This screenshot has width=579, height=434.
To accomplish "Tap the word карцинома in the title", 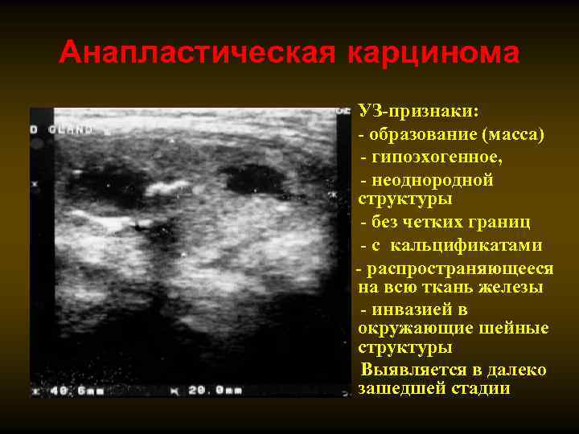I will point(433,54).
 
